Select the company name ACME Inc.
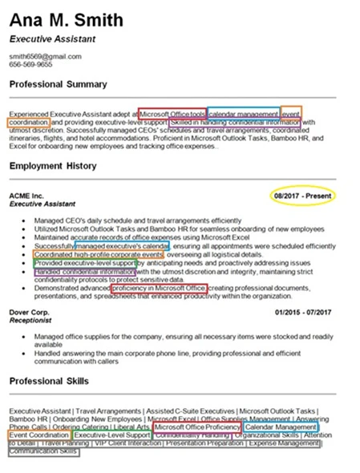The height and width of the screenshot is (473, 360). [26, 196]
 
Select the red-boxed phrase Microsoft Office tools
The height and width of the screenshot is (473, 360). [172, 113]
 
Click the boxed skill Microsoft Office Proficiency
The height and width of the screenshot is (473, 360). [196, 427]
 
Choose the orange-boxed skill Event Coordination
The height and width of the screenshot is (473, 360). [39, 435]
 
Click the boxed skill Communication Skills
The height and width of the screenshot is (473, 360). [44, 451]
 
